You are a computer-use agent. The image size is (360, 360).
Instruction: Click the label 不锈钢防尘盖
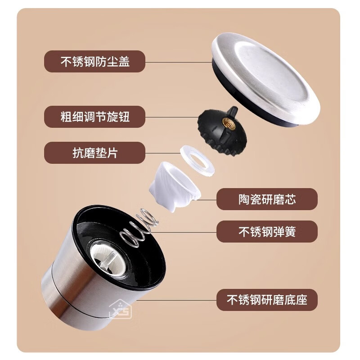(x=95, y=61)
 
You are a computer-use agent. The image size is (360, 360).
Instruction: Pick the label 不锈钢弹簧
(x=267, y=232)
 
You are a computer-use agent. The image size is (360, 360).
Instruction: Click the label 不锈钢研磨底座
(x=267, y=300)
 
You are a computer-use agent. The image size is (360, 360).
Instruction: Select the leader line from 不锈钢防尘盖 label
(x=178, y=61)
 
